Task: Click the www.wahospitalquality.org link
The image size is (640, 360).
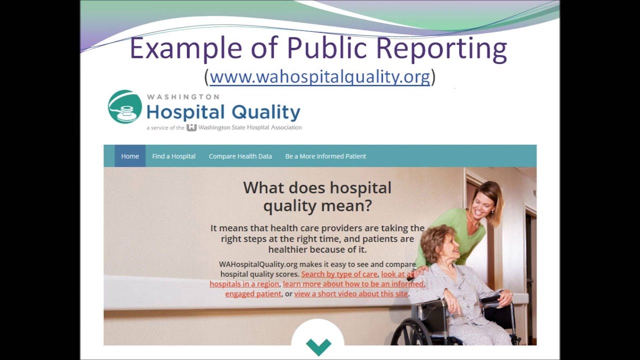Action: pyautogui.click(x=319, y=77)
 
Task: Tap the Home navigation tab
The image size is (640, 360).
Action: pyautogui.click(x=130, y=156)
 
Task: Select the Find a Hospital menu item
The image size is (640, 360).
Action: pyautogui.click(x=173, y=156)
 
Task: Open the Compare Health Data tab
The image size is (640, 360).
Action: pyautogui.click(x=240, y=156)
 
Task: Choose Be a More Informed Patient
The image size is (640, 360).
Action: pyautogui.click(x=325, y=156)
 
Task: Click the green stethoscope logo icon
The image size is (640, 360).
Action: pyautogui.click(x=124, y=107)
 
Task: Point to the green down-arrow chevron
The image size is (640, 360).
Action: pyautogui.click(x=318, y=345)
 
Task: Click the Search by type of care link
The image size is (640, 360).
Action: pyautogui.click(x=339, y=274)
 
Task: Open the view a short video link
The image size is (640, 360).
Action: pyautogui.click(x=350, y=293)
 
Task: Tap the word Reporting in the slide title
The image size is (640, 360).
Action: pyautogui.click(x=441, y=49)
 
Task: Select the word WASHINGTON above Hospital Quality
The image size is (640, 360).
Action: pyautogui.click(x=182, y=96)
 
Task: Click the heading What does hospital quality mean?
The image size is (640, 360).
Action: pyautogui.click(x=317, y=196)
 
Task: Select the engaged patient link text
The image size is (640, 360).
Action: pyautogui.click(x=253, y=293)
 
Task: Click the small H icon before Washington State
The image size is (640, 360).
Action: pyautogui.click(x=191, y=127)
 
